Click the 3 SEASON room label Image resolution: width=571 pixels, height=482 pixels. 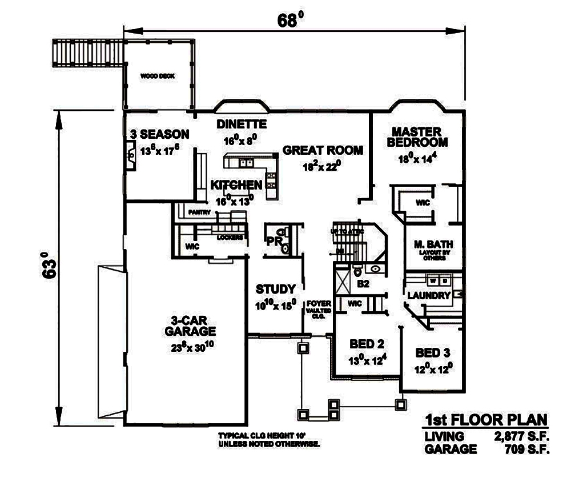point(159,135)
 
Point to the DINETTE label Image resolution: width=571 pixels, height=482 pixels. point(242,124)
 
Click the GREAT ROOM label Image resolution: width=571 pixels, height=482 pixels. point(323,150)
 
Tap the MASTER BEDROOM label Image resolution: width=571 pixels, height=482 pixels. point(417,136)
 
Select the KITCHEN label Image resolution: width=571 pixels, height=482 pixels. point(236,185)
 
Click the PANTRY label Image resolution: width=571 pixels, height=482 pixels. point(201,212)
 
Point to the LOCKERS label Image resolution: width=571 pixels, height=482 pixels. point(231,236)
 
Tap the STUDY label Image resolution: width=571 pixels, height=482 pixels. point(275,289)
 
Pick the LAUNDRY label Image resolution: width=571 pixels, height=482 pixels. point(429,295)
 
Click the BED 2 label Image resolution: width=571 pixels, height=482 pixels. point(363,344)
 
